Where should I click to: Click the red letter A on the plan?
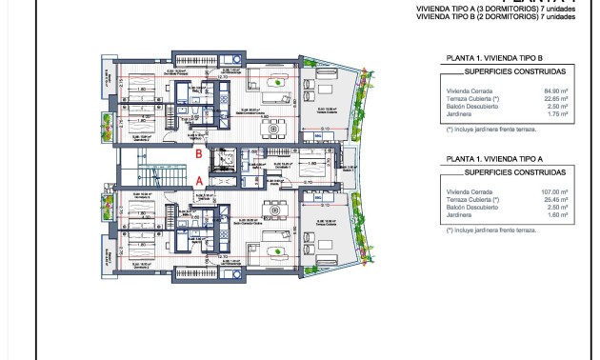pos(199,179)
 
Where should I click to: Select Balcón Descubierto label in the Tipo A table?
pos(466,208)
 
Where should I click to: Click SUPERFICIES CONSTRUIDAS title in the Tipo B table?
pos(514,70)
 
